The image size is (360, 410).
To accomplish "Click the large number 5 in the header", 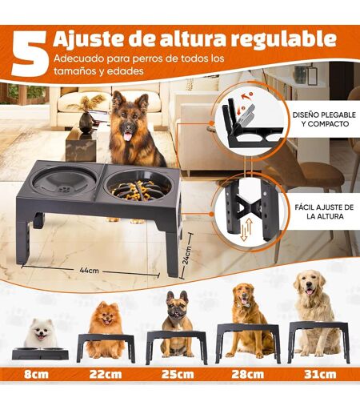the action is pos(30,53).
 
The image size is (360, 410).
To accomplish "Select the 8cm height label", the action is pos(37,374).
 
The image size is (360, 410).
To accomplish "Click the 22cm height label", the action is pos(106,374).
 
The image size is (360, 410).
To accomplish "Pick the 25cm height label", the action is pos(178,374).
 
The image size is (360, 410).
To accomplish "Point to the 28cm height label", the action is pos(248,374).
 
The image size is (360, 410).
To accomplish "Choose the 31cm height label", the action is pos(320,374).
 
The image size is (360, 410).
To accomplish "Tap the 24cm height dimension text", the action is pos(186,255).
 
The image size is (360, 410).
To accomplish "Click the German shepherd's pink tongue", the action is pos(129,136).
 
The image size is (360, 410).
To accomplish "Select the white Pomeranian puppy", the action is pos(41,334).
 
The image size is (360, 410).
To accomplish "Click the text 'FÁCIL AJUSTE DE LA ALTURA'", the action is pos(325,211).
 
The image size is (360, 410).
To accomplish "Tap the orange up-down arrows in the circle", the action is pos(246,229).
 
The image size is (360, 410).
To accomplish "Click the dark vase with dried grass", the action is pos(87,115).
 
